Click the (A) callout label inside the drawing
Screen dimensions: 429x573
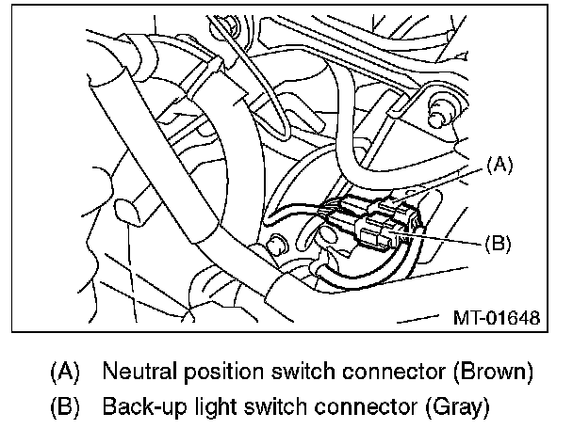499,167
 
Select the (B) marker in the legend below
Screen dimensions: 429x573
64,407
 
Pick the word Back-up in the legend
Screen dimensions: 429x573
137,407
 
